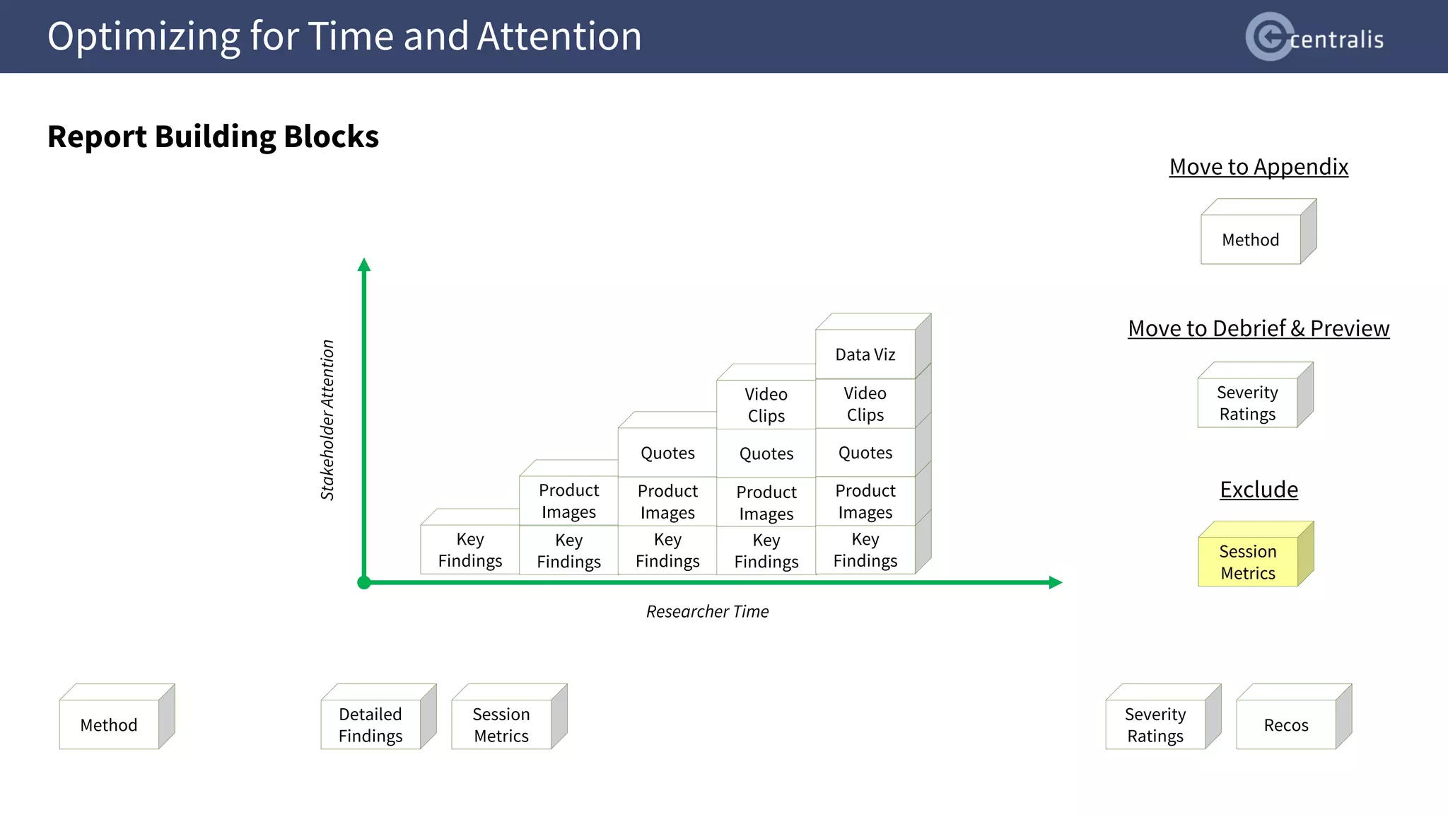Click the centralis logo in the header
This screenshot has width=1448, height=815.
pos(1314,37)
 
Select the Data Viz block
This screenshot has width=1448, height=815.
pos(865,354)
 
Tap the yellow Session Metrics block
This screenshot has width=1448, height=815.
pos(1248,562)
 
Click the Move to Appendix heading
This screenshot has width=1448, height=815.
pos(1259,167)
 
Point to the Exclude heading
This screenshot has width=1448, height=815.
pos(1259,490)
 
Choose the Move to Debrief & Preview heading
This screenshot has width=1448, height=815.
pos(1259,328)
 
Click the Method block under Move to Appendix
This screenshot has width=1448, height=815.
pos(1250,239)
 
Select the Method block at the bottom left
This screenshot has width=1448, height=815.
pos(109,724)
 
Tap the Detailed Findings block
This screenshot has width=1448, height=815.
pos(370,724)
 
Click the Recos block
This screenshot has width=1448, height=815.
pos(1286,724)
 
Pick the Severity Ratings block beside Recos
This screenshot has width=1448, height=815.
pos(1155,724)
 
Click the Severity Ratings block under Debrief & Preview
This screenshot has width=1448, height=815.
pos(1247,403)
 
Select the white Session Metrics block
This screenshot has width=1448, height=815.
pos(501,724)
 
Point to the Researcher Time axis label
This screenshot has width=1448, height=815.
pos(707,611)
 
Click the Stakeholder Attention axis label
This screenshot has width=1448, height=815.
pos(327,420)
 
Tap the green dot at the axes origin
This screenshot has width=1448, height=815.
pos(364,582)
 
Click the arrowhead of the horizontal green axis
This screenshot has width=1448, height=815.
pos(1056,582)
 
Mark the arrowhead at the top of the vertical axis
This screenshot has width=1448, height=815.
pos(364,265)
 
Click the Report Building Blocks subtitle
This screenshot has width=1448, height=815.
pos(213,137)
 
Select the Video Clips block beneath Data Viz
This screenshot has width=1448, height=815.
pos(865,403)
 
